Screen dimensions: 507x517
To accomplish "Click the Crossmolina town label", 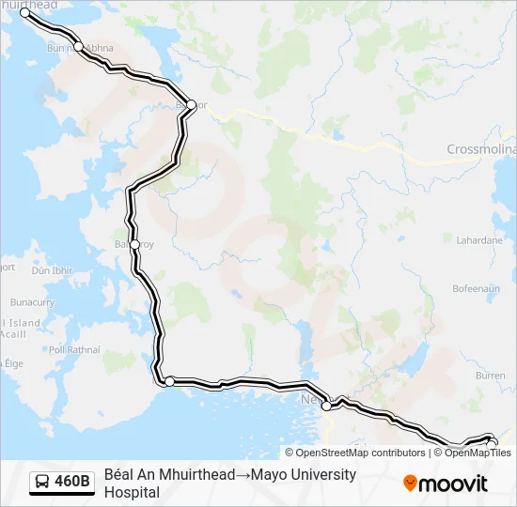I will [x=480, y=149].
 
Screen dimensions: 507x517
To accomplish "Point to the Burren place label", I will [x=491, y=375].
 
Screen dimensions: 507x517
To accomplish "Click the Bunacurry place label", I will [x=32, y=303].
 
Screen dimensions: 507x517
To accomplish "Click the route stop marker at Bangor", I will [x=191, y=104].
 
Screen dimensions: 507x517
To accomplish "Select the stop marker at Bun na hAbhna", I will [x=79, y=47].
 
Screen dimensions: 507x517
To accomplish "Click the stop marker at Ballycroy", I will [x=135, y=245].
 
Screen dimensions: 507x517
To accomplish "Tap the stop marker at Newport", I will [x=326, y=406].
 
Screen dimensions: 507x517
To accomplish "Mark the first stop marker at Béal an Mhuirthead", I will [x=24, y=12].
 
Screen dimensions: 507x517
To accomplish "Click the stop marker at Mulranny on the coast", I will [x=169, y=381].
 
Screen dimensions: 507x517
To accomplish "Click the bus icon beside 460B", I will [x=43, y=483].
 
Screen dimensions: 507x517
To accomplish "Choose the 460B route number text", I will [x=72, y=483].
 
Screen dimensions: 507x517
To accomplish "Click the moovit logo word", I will [x=454, y=484].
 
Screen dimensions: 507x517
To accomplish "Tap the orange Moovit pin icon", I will [x=410, y=484].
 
